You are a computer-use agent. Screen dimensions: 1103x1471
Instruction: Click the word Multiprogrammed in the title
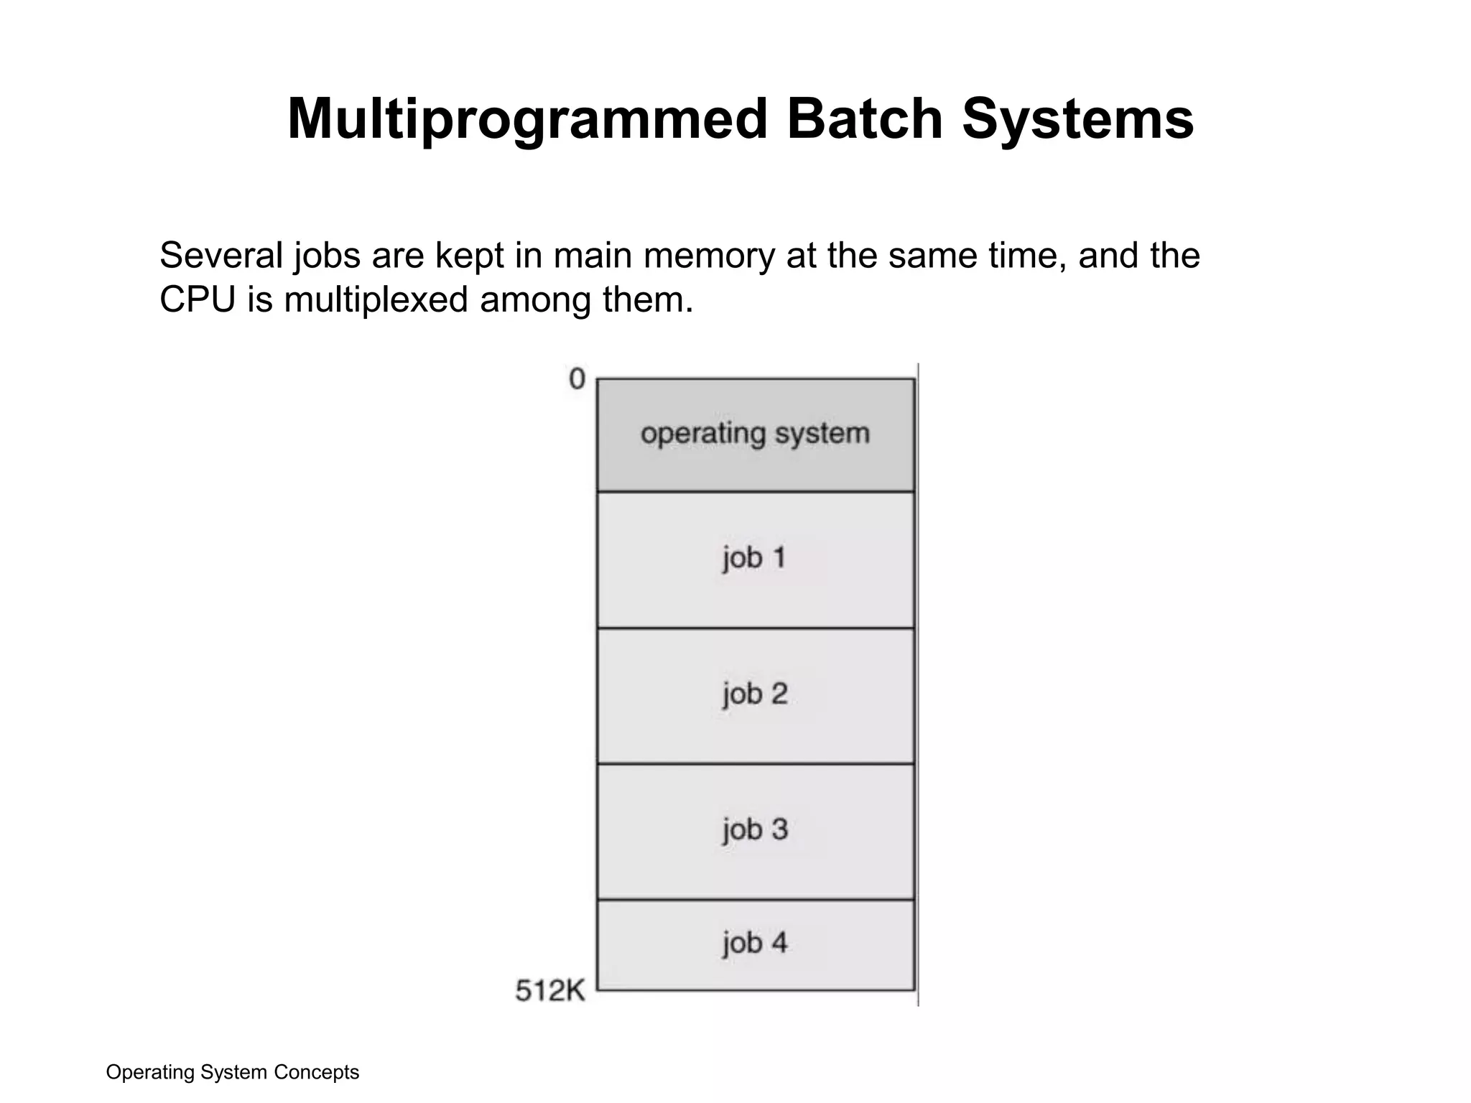528,119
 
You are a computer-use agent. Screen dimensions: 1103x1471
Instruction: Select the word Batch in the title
864,119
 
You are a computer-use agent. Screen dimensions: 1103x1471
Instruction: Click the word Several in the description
221,256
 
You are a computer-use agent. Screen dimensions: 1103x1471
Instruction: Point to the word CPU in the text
198,300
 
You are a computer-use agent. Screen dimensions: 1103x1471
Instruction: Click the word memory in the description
709,256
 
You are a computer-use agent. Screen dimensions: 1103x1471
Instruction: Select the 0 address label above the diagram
577,379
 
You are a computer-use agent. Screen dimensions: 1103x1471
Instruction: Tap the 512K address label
550,991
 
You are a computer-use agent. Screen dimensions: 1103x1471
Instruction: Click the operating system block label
755,434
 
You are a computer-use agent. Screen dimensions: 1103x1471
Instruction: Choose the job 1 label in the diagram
754,558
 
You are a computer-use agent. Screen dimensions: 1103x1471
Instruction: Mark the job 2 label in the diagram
755,694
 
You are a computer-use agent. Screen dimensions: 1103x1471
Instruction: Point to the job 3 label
755,830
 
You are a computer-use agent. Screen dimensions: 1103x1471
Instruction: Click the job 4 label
755,943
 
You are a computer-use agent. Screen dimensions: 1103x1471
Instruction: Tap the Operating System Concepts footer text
232,1072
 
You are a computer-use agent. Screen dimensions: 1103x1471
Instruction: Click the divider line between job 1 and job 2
756,628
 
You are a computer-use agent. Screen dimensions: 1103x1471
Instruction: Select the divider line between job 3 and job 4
756,900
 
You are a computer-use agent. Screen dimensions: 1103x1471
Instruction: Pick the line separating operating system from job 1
756,492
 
